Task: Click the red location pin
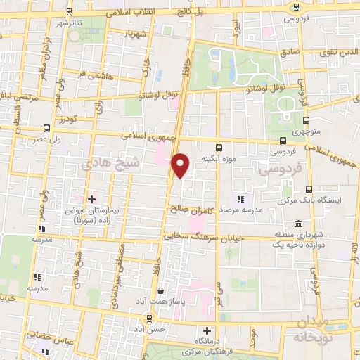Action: click(x=181, y=165)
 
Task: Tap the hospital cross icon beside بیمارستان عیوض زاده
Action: click(x=91, y=199)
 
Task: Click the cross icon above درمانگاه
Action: click(x=207, y=330)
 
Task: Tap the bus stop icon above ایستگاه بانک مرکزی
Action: click(x=309, y=188)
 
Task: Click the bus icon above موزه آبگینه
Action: click(x=218, y=148)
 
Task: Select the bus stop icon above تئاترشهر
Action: click(x=68, y=12)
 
